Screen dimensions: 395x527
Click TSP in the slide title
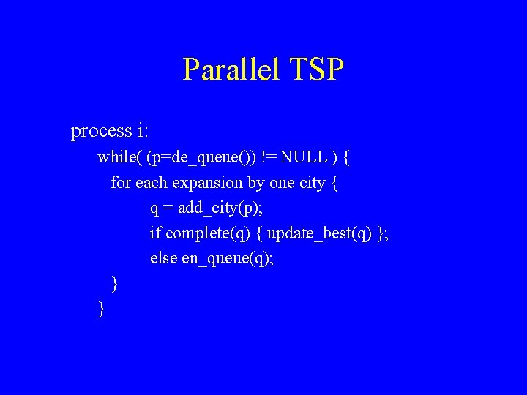coord(316,70)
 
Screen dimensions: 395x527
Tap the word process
coord(101,132)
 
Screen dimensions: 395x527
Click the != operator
coord(269,157)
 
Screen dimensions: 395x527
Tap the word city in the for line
coord(313,182)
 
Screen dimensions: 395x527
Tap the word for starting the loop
coord(121,182)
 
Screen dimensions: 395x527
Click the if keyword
coord(155,233)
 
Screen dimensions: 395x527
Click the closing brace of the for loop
coord(114,283)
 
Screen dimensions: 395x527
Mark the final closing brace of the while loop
coord(101,309)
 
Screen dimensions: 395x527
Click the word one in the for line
coord(281,182)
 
